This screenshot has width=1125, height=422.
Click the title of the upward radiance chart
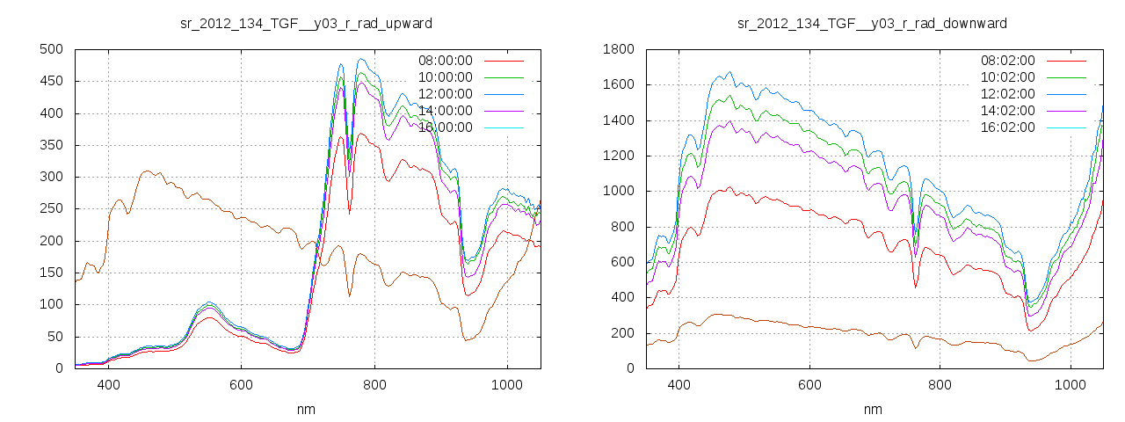(x=306, y=23)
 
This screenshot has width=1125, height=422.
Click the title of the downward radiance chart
(x=872, y=23)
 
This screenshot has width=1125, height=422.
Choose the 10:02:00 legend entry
(x=1007, y=77)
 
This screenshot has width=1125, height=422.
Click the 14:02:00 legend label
(x=1007, y=111)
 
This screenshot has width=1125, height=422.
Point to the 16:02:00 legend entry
(x=1007, y=127)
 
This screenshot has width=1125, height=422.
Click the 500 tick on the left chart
(x=51, y=49)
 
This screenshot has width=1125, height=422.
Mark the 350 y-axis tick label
(x=51, y=145)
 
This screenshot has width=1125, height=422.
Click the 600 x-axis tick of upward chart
(x=242, y=384)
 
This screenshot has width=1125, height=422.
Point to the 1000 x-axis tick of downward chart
(x=1071, y=384)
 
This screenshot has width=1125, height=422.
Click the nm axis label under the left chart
(x=307, y=409)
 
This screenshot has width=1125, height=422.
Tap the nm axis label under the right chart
(x=873, y=409)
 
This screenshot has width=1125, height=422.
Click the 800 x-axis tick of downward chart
(x=940, y=384)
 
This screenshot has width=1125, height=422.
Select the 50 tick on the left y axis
(x=54, y=337)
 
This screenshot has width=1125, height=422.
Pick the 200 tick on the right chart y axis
(x=623, y=333)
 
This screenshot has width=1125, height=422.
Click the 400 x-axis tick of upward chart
(x=109, y=384)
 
